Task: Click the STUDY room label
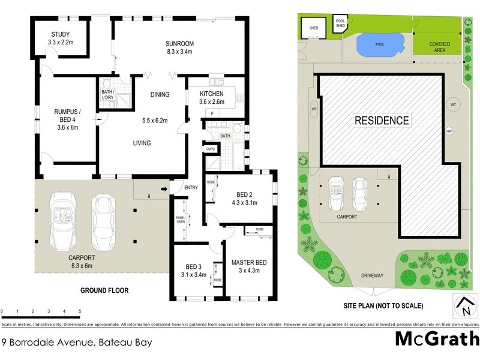click(59, 34)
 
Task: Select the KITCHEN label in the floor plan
click(212, 94)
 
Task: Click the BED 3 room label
click(192, 268)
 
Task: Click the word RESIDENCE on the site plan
click(382, 121)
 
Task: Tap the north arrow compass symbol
click(466, 307)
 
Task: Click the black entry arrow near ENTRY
click(164, 190)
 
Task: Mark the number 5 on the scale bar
click(80, 311)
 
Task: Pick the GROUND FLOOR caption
click(104, 290)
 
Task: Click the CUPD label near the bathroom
click(211, 148)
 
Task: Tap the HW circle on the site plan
click(448, 132)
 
